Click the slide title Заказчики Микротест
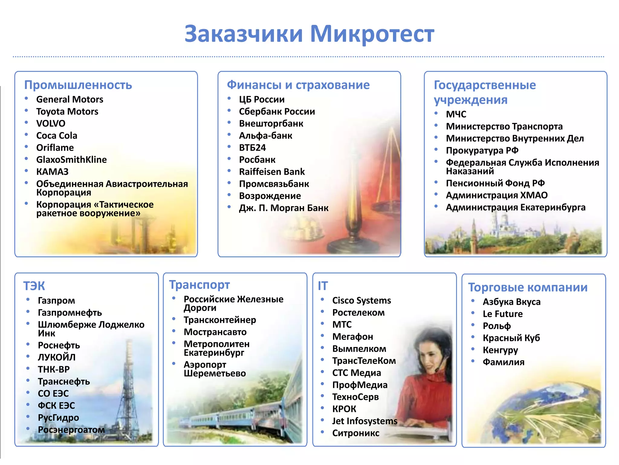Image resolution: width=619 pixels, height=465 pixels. pos(309,34)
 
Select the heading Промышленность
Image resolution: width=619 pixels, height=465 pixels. pos(78,85)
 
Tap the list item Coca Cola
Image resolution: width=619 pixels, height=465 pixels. pos(57,136)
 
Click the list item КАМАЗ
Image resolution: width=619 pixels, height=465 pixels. pos(52,172)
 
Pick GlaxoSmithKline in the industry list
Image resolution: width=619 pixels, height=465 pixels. pos(71,160)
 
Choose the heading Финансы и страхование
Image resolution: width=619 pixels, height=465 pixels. pos(298,85)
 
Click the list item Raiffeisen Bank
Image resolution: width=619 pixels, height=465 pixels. pos(272,172)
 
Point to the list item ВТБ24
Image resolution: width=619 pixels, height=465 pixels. pos(252,147)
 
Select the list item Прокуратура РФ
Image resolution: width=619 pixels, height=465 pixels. pos(482,150)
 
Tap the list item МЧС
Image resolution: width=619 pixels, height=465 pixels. pos(456,114)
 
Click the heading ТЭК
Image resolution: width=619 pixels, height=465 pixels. pos(34,286)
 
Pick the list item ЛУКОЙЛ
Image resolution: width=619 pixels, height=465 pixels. pos(57,357)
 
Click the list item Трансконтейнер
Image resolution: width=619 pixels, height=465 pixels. pos(220,320)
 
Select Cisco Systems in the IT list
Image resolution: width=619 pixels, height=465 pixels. pos(361,300)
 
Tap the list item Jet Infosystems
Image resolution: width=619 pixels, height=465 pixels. pos(365,421)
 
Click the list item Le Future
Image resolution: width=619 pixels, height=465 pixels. pos(502,314)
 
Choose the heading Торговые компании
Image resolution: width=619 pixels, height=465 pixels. pos(528,287)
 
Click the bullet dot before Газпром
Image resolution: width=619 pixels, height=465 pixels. pos(28,299)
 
